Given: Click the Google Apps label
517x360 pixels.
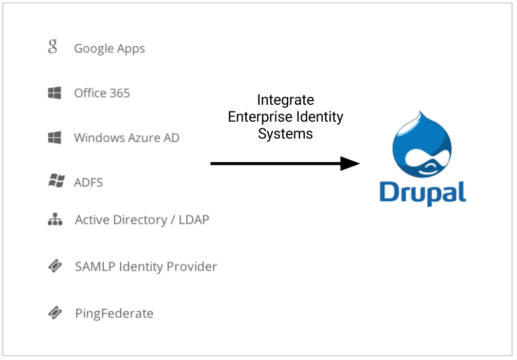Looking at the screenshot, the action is click(109, 49).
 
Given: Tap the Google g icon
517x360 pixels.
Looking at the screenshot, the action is click(53, 46).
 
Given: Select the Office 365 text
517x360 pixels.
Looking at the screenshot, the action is click(102, 93).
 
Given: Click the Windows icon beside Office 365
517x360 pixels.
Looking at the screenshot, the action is click(54, 93).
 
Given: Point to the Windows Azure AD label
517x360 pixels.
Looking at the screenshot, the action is click(126, 138).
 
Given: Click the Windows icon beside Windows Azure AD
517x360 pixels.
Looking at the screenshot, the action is click(54, 137).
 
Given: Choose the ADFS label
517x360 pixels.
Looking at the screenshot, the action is click(88, 182).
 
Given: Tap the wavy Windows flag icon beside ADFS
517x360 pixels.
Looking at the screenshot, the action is click(57, 180).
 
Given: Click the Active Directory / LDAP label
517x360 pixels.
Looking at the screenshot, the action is click(142, 220).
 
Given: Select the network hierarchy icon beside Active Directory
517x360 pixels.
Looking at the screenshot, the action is click(55, 219).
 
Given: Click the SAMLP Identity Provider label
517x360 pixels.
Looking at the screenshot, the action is click(146, 267).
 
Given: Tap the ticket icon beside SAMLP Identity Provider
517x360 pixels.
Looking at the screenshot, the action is click(55, 266).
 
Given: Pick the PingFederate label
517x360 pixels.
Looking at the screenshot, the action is click(114, 314).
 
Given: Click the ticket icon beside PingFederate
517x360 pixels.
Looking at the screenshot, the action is click(55, 313).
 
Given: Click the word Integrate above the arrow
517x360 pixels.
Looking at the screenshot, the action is click(286, 100).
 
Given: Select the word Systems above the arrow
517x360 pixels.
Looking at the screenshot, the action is click(286, 134).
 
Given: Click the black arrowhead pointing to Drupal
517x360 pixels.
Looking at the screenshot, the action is click(350, 163).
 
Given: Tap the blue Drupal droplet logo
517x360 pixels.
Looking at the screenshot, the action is click(422, 145).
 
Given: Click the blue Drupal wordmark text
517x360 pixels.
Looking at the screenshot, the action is click(423, 193).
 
